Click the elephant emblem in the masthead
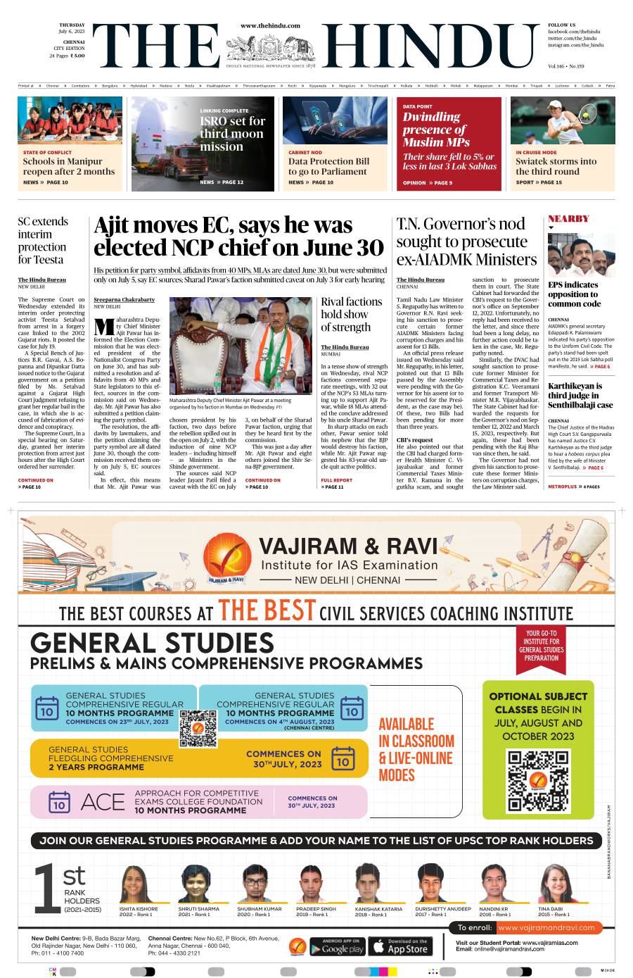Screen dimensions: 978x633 (270, 48)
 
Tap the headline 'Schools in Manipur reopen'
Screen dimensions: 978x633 (68, 166)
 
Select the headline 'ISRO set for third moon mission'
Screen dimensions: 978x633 (233, 134)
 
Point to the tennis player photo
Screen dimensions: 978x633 (563, 120)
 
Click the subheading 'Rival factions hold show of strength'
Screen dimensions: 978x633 (351, 314)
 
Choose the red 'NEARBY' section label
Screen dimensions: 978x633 (568, 219)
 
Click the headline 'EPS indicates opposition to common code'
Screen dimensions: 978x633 (574, 294)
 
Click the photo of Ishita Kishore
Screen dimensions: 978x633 (135, 884)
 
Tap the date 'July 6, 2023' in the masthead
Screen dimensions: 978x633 (72, 32)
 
